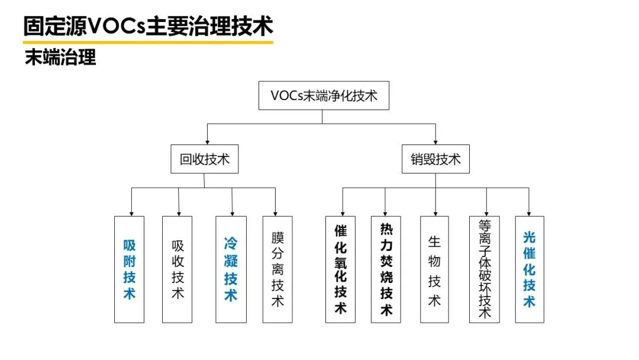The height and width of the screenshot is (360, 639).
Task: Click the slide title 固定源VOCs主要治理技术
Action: click(x=148, y=26)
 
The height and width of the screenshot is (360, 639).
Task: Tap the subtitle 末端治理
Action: click(x=60, y=57)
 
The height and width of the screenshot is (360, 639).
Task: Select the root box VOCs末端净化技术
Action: click(x=324, y=96)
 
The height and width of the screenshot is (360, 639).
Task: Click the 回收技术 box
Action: click(x=204, y=159)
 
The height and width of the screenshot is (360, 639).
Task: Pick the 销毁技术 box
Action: click(x=435, y=159)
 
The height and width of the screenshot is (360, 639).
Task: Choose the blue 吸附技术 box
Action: click(x=129, y=269)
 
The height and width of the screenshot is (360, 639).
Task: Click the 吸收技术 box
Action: click(x=177, y=269)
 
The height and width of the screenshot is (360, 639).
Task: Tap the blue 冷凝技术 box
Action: click(x=231, y=269)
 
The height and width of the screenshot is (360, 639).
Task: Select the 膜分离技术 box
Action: click(x=277, y=269)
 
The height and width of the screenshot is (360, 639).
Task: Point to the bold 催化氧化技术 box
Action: click(x=341, y=269)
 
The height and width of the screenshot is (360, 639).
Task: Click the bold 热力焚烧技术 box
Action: click(x=386, y=269)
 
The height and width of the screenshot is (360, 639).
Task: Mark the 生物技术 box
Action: click(x=435, y=269)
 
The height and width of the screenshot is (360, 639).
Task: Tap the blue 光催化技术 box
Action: click(x=530, y=269)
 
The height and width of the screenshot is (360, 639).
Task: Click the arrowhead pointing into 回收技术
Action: click(x=206, y=142)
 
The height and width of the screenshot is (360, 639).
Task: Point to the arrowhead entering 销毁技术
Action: click(x=435, y=142)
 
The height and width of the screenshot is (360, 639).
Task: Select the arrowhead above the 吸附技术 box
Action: click(x=131, y=212)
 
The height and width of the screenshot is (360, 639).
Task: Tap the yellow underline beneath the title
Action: click(x=148, y=42)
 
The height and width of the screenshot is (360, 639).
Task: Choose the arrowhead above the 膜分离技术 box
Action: click(x=275, y=212)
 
